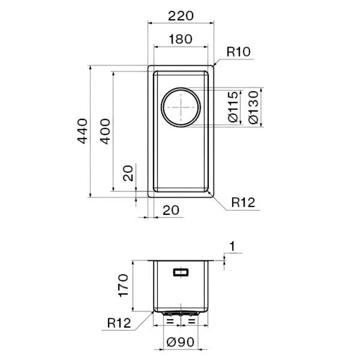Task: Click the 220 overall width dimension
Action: tap(181, 16)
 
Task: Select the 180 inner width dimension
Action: tap(181, 39)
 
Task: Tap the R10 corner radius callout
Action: tap(238, 52)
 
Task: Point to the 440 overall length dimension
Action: tap(82, 131)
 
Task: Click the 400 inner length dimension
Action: tap(106, 131)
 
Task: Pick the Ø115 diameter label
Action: tap(233, 107)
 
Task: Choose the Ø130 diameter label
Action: tap(253, 107)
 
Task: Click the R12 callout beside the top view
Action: tap(243, 202)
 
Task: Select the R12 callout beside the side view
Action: tap(119, 323)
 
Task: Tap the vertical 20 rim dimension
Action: tap(128, 173)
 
